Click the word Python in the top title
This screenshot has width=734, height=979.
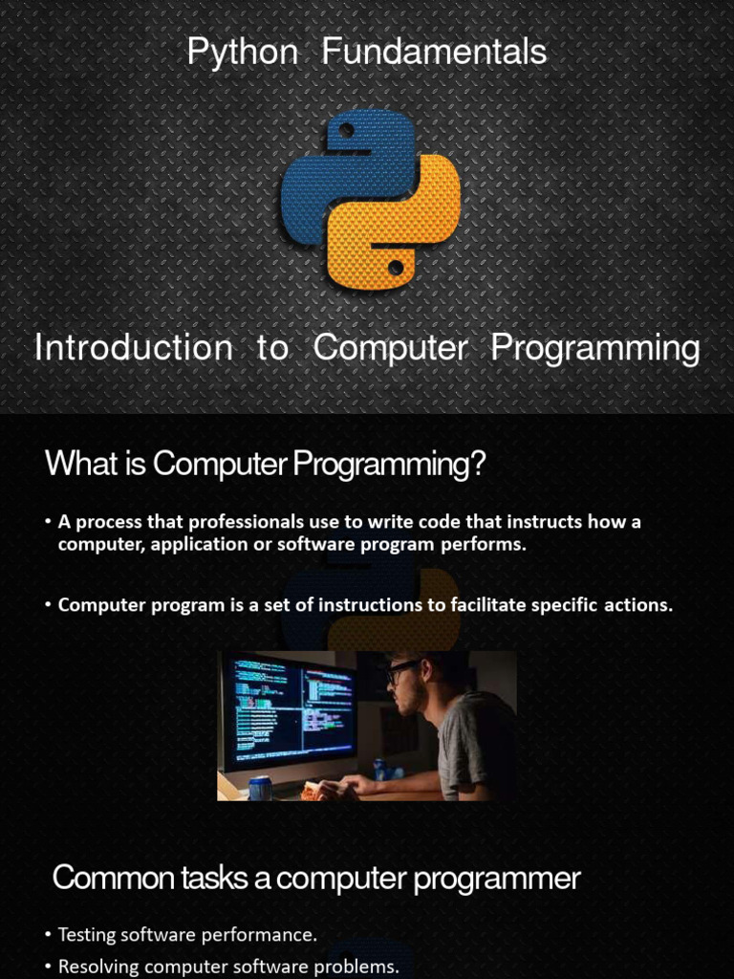click(242, 53)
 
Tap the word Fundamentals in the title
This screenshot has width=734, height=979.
click(434, 51)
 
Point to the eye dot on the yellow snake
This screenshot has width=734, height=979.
click(395, 269)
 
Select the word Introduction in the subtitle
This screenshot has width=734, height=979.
click(133, 347)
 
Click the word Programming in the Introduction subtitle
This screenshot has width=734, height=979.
click(594, 349)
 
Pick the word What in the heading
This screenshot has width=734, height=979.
click(82, 464)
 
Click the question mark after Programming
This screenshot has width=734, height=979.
click(477, 464)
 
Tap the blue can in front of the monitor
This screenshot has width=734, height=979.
click(260, 788)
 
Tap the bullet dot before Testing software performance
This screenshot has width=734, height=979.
click(49, 935)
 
